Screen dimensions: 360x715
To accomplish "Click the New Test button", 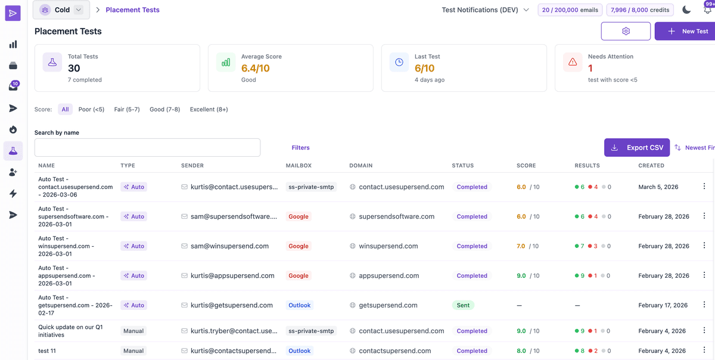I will click(x=687, y=31).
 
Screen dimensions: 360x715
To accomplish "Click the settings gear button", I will click(x=626, y=31).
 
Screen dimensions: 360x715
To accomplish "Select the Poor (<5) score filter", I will click(x=91, y=109).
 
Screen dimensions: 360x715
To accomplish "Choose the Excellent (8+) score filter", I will click(x=209, y=109).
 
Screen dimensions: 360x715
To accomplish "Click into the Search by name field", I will click(x=147, y=147).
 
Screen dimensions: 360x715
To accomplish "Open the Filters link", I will click(x=300, y=147).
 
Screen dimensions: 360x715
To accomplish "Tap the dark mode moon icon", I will click(x=686, y=10).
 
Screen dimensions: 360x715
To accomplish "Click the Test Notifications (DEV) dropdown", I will click(x=485, y=10).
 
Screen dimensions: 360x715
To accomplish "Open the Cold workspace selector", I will click(x=61, y=10).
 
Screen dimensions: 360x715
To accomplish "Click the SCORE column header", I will click(x=526, y=165).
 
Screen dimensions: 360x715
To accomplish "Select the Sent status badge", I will click(x=463, y=305).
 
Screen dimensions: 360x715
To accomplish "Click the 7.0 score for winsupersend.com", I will click(x=521, y=246).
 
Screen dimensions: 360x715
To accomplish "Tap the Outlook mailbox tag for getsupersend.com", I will click(x=299, y=305).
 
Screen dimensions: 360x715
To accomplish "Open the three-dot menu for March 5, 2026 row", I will click(x=704, y=187).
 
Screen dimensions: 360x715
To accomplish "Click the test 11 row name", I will click(x=47, y=351).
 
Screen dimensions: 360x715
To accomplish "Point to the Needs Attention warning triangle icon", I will click(x=573, y=62).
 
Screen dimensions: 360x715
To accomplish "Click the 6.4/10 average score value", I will click(x=255, y=69).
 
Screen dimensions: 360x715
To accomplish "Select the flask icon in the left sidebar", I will click(x=13, y=151).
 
